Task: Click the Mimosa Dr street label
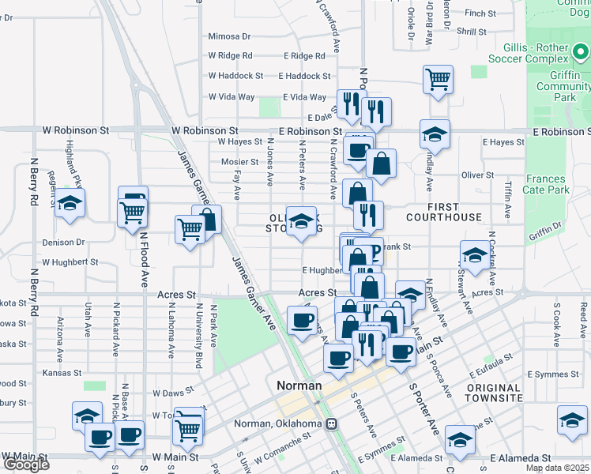(x=229, y=36)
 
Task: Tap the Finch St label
(x=480, y=13)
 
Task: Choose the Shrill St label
(x=471, y=32)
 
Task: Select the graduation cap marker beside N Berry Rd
(x=70, y=204)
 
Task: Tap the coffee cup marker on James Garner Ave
(x=301, y=321)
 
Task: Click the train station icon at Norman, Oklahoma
(x=333, y=423)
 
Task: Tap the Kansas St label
(x=62, y=372)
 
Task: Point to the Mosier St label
(x=239, y=162)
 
